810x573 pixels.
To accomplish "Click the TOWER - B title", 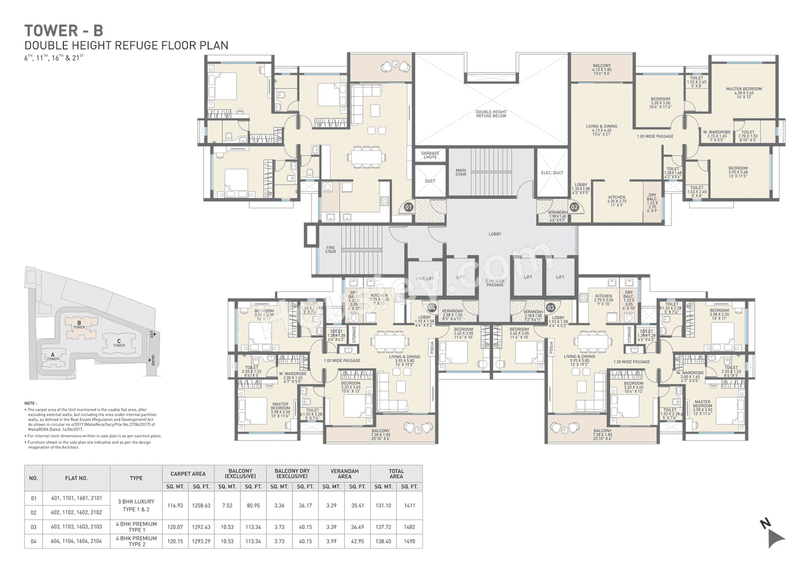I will (x=63, y=30).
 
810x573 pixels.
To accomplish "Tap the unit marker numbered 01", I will (x=408, y=207).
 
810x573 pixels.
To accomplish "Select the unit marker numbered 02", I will (x=575, y=206).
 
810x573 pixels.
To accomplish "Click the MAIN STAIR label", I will (x=461, y=171).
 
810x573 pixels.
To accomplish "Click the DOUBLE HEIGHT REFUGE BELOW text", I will (x=491, y=114).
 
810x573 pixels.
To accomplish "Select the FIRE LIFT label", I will (x=425, y=278).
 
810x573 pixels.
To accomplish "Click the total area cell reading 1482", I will (x=409, y=527).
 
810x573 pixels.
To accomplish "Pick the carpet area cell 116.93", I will (x=174, y=506).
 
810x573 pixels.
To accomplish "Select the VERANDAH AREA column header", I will (x=344, y=474).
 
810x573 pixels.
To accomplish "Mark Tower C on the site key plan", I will (x=118, y=343).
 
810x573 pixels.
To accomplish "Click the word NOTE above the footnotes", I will (x=30, y=403).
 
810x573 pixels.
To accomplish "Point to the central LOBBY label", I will (x=495, y=234).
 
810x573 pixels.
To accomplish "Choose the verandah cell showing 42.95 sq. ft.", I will (x=358, y=541).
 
